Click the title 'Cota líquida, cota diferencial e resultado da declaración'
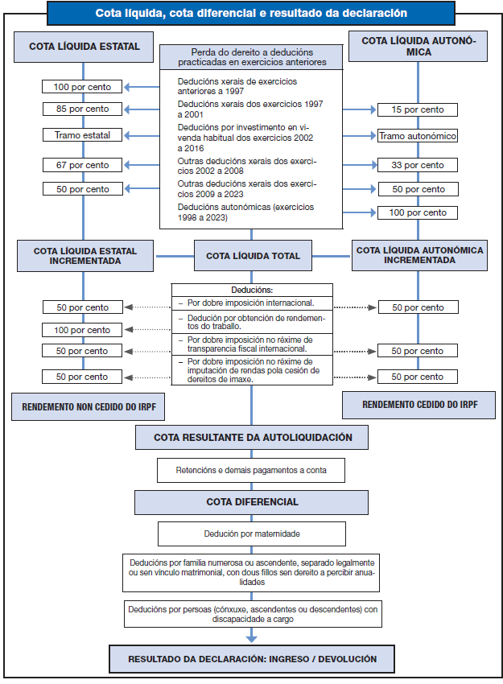click(251, 14)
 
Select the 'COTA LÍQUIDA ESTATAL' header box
click(85, 47)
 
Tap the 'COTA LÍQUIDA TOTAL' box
click(253, 256)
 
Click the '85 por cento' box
click(82, 109)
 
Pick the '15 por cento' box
click(417, 109)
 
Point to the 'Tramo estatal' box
click(82, 134)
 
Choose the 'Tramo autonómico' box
click(417, 136)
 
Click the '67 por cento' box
click(82, 165)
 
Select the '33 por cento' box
click(417, 165)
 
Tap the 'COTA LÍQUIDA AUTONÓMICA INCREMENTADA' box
click(419, 256)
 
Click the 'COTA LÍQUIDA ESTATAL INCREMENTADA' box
click(85, 256)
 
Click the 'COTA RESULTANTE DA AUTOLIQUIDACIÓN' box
click(253, 438)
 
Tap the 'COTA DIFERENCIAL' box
click(253, 502)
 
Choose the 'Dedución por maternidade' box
click(252, 533)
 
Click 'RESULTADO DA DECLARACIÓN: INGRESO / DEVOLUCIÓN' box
click(253, 658)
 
